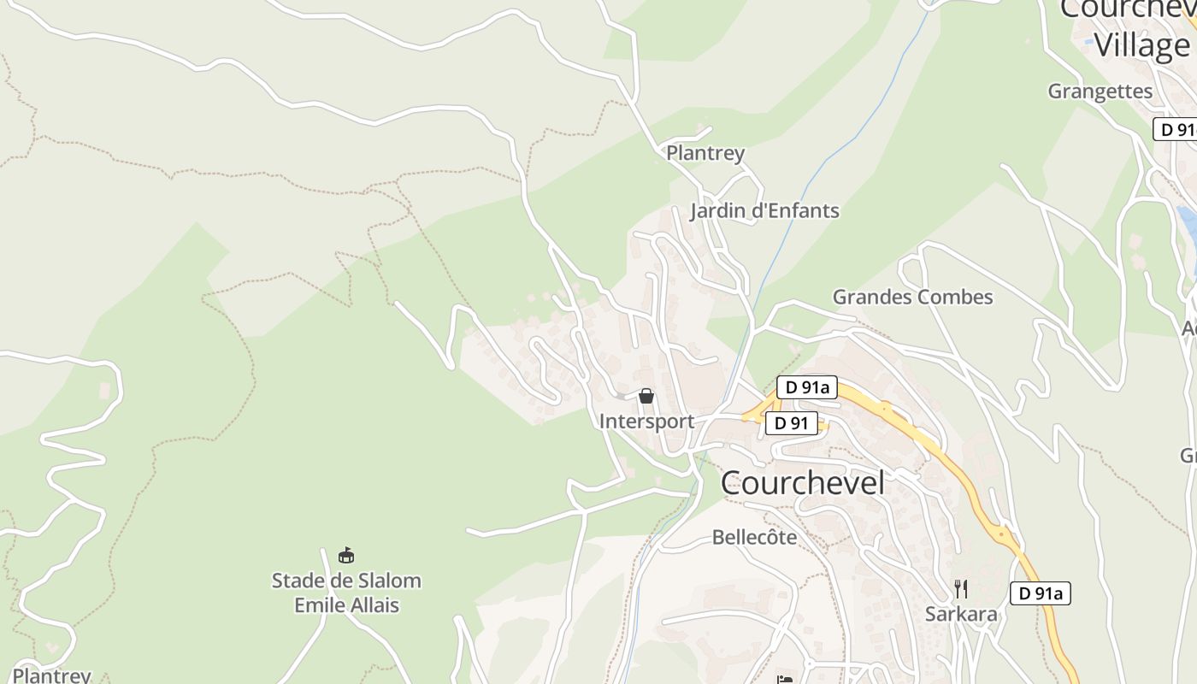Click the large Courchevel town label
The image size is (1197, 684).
(802, 483)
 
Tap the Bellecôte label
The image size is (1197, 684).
(754, 538)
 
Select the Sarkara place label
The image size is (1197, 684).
(961, 614)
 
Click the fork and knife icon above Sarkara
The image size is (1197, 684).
(961, 588)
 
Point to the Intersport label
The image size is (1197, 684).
(646, 422)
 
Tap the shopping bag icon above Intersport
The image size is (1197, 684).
(646, 396)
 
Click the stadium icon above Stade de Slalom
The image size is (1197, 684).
(346, 556)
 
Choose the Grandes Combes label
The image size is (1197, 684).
(912, 298)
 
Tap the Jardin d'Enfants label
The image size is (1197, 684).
(764, 211)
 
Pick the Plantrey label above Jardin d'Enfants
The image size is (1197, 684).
(705, 154)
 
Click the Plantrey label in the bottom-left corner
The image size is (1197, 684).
(51, 675)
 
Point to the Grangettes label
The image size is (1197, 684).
(1100, 91)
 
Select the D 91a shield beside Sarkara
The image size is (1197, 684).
(1040, 593)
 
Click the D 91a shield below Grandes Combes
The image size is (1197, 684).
(807, 387)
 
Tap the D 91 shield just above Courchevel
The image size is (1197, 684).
(791, 423)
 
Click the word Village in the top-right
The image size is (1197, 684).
(1141, 45)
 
